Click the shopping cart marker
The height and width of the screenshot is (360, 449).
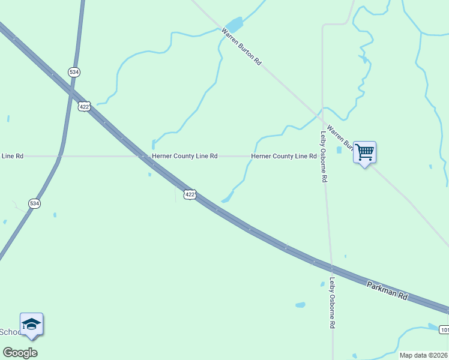coord(364,152)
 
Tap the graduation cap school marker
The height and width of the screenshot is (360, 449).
coord(31,325)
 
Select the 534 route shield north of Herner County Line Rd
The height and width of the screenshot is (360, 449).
coord(74,72)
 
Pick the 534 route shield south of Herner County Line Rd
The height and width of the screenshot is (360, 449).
coord(35,203)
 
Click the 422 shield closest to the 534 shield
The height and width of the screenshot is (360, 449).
coord(85,106)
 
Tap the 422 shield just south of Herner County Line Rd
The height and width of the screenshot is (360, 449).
coord(190,194)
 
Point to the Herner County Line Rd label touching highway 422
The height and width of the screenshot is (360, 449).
coord(184,156)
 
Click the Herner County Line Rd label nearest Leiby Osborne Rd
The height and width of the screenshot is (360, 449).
coord(283,156)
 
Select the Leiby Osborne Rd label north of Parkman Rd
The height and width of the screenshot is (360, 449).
coord(324,157)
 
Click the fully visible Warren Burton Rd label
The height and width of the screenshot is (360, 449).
coord(242,46)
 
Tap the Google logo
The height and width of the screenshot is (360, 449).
coord(20,353)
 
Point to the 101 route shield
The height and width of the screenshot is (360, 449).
coord(444,330)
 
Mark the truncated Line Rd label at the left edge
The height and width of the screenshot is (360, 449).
coord(12,156)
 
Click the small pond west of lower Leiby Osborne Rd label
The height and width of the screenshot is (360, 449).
coord(300,305)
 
